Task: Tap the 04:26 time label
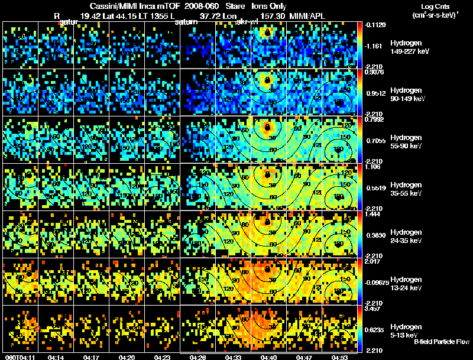coord(197,357)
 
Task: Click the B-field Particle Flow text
coord(442,342)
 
